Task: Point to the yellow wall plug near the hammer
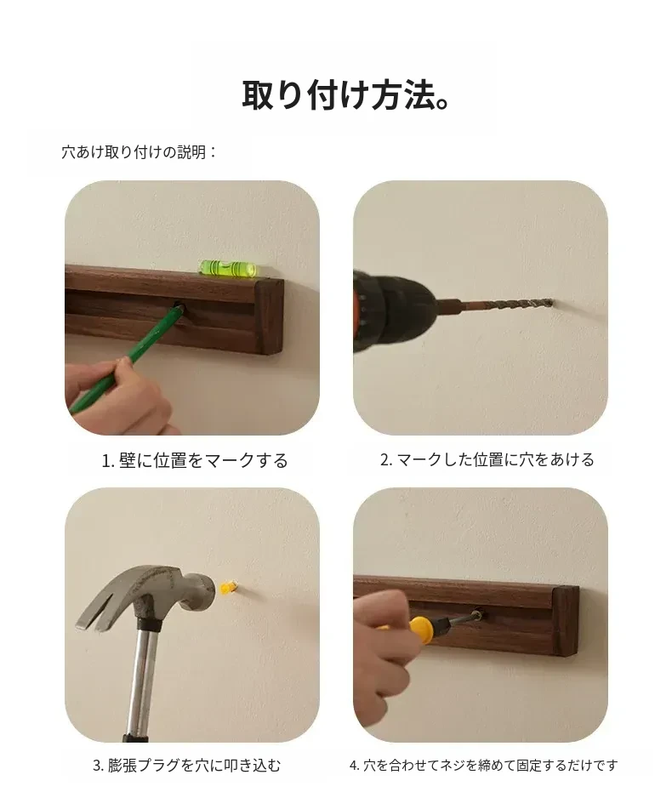[x=227, y=587]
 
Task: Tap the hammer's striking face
[x=208, y=592]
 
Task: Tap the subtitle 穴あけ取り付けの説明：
[x=140, y=152]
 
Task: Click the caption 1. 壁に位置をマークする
[x=195, y=460]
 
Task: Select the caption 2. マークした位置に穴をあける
[x=487, y=459]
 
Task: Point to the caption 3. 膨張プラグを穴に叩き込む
[x=186, y=765]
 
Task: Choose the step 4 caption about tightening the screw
[x=483, y=765]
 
